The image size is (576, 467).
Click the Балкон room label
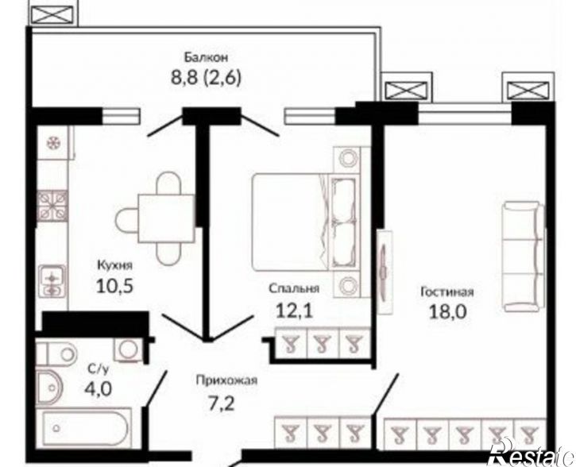[x=206, y=58]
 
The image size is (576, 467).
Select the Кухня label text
[x=114, y=265]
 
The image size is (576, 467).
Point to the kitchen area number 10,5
[x=114, y=286]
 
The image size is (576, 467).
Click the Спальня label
[x=293, y=289]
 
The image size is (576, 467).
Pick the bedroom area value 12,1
[x=294, y=311]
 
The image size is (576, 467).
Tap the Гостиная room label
[x=447, y=292]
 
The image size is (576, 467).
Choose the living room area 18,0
[x=448, y=312]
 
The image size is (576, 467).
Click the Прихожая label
[x=226, y=380]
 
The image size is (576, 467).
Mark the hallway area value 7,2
[x=222, y=403]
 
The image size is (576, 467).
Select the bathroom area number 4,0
[x=98, y=388]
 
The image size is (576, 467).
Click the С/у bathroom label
[x=98, y=369]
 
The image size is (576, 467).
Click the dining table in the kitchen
[x=166, y=219]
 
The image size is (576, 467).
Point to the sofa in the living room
[x=523, y=257]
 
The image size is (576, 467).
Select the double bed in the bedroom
[x=306, y=222]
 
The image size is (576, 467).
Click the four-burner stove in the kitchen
[x=52, y=206]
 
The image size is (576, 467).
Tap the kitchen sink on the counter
[x=52, y=281]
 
